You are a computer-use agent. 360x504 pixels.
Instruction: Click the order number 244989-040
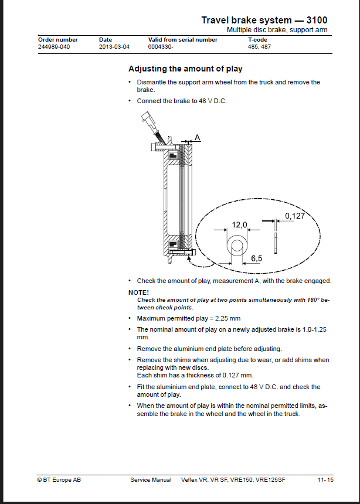(x=54, y=47)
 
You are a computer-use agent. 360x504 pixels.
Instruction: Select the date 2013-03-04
(x=114, y=47)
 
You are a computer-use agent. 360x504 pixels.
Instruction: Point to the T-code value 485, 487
(x=259, y=47)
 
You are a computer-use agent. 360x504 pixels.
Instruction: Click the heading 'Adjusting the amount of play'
(x=185, y=69)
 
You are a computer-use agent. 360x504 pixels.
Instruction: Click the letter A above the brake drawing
(x=197, y=138)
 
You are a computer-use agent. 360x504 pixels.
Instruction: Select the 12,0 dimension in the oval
(x=239, y=224)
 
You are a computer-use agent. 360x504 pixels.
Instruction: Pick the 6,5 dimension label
(x=256, y=258)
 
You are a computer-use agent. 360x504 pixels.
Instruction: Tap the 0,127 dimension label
(x=295, y=216)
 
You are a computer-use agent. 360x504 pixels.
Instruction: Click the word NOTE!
(x=138, y=292)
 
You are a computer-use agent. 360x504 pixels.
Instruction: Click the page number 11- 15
(x=325, y=480)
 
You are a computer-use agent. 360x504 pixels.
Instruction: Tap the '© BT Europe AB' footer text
(x=59, y=480)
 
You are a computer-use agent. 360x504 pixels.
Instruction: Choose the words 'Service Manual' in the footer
(x=151, y=480)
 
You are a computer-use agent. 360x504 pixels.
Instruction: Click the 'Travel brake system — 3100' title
(x=264, y=21)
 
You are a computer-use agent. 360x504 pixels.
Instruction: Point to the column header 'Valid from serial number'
(x=183, y=40)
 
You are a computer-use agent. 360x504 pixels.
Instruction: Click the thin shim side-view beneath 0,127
(x=276, y=243)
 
